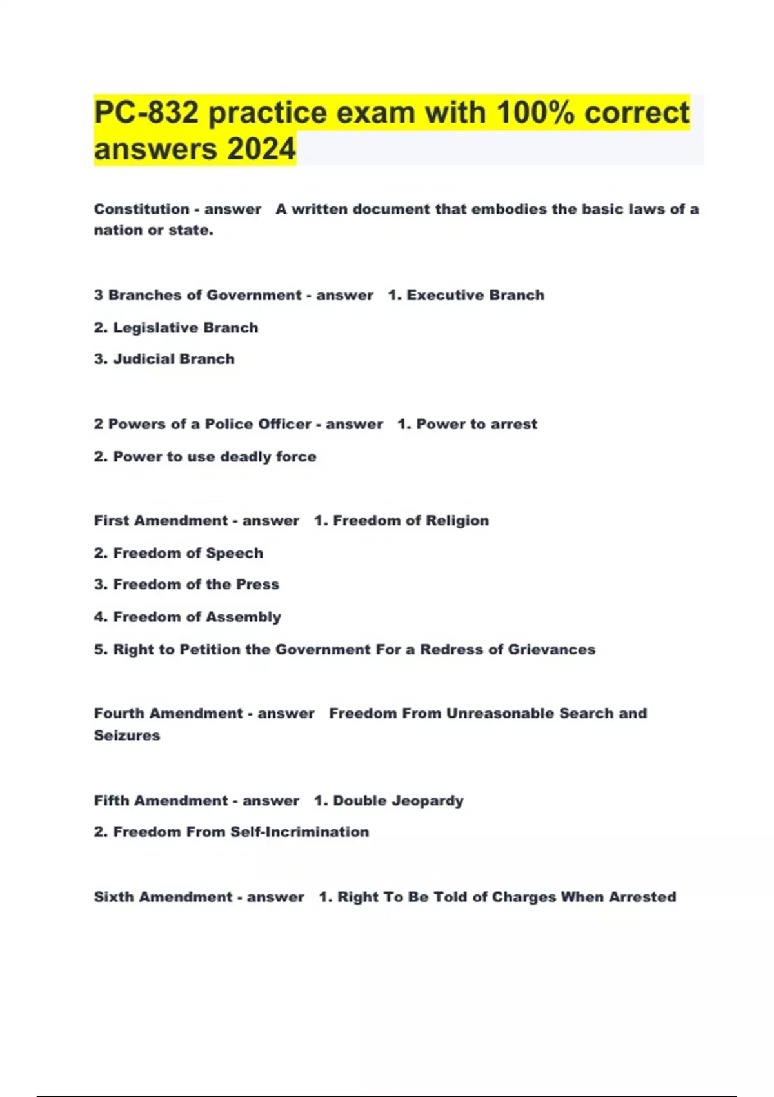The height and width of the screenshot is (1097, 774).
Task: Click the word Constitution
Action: point(141,209)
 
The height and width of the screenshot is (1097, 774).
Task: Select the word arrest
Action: point(513,424)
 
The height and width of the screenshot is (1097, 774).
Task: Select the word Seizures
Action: point(127,735)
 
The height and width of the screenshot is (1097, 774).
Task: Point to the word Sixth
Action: point(114,897)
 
